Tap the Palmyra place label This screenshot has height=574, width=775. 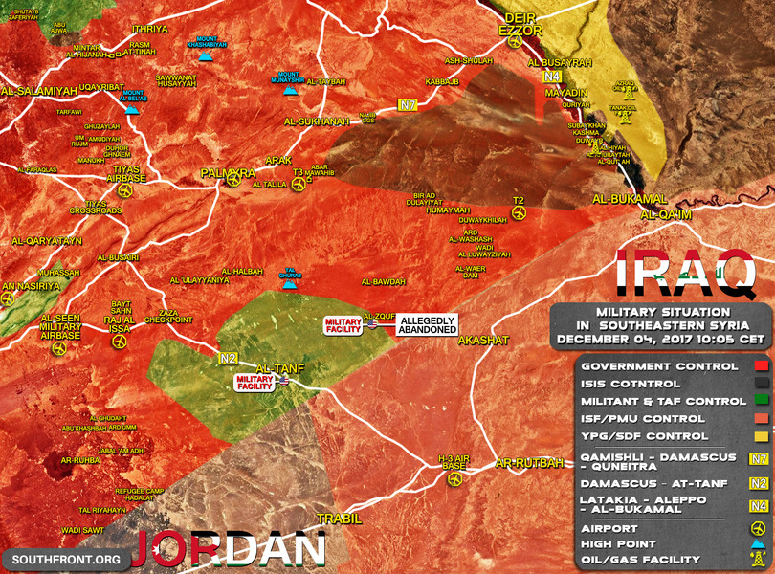coord(228,172)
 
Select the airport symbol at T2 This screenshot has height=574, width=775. coord(520,214)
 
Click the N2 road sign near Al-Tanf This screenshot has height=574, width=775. coord(227,359)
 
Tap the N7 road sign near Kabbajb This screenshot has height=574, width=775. coord(409,104)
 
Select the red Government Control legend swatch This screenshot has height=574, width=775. coord(762,366)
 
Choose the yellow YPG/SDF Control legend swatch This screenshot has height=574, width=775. coord(762,436)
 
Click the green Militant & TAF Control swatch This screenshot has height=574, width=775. coord(762,402)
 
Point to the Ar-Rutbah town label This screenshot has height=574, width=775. coord(530,464)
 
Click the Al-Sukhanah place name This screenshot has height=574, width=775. coord(317,122)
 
